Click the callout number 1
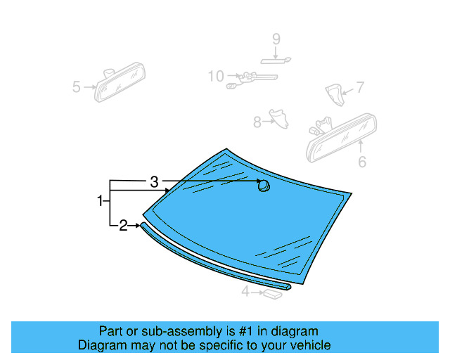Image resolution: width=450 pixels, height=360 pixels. tap(100, 202)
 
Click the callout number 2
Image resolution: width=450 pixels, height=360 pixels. tap(123, 226)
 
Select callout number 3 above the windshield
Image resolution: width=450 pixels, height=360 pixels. tap(154, 181)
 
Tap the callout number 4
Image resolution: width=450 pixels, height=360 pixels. tap(245, 291)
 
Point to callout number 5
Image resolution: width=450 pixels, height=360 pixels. tap(77, 87)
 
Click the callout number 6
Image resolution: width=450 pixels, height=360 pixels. tap(362, 162)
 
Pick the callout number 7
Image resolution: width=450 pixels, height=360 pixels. tap(360, 88)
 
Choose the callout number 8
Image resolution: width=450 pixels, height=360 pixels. tap(257, 122)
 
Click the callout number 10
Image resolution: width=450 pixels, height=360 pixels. tap(215, 75)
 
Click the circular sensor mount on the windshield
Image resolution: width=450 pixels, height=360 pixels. tap(264, 186)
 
